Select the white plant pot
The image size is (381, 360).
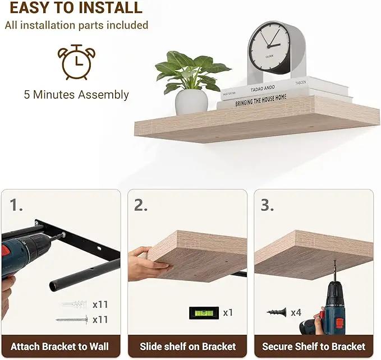tap(191, 101)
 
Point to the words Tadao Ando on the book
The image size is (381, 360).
tap(263, 89)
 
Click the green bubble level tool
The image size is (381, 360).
tap(204, 313)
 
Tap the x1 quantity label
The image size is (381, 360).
tap(228, 313)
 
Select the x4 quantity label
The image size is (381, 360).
tap(296, 313)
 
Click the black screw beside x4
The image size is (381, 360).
tap(277, 312)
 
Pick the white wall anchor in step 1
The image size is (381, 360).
tap(74, 304)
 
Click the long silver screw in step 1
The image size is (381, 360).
tap(72, 320)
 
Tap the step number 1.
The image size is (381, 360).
tap(16, 205)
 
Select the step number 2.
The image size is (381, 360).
tap(141, 205)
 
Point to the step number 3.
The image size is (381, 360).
tap(267, 205)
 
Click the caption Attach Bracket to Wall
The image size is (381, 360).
tap(60, 347)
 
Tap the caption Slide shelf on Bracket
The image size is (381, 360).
tap(187, 347)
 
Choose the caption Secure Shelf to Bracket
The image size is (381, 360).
tap(314, 347)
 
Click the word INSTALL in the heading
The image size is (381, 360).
tap(111, 7)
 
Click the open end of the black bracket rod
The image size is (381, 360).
tap(54, 286)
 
